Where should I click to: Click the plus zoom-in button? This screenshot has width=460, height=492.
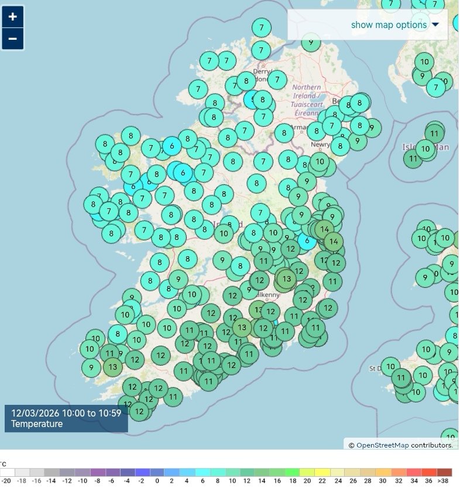tap(12, 16)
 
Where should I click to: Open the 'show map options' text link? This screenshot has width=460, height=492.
tap(389, 25)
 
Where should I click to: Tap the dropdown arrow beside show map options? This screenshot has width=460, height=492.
tap(435, 25)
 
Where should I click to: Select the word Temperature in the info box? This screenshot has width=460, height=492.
tap(37, 424)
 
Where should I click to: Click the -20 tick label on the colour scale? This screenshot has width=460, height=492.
tap(6, 481)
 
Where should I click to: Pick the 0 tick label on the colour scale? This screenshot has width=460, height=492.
tap(157, 481)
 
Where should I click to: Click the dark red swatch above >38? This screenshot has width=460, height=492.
tap(445, 472)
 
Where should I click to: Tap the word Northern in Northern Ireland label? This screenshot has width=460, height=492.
tap(306, 88)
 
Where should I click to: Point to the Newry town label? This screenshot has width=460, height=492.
tap(320, 144)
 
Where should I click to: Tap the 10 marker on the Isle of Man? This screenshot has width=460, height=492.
tap(425, 149)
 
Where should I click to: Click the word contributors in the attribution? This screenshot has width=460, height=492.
tap(431, 445)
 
